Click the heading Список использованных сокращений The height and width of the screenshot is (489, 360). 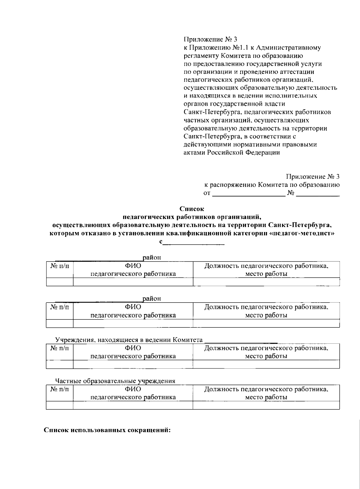click(107, 430)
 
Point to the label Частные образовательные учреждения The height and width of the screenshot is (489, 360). click(115, 381)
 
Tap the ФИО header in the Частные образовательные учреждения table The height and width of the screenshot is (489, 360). click(133, 389)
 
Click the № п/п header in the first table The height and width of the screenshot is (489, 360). click(60, 266)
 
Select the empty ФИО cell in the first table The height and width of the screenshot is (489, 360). click(133, 282)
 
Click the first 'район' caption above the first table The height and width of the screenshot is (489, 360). click(152, 258)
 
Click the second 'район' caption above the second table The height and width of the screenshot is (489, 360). click(152, 299)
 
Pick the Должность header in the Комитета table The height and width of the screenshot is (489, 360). click(266, 348)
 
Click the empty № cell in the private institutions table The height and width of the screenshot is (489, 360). click(60, 406)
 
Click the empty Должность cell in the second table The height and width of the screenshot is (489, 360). click(266, 323)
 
